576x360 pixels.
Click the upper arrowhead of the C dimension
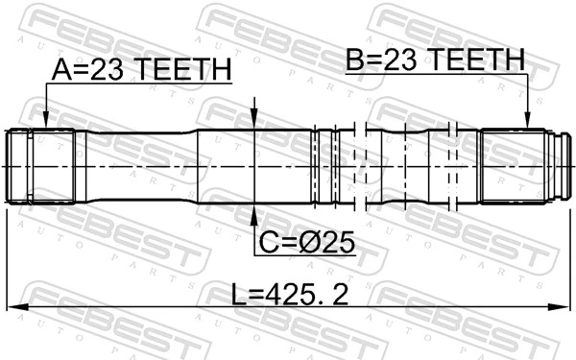click(x=253, y=120)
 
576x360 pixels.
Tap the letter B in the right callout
click(x=355, y=60)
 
